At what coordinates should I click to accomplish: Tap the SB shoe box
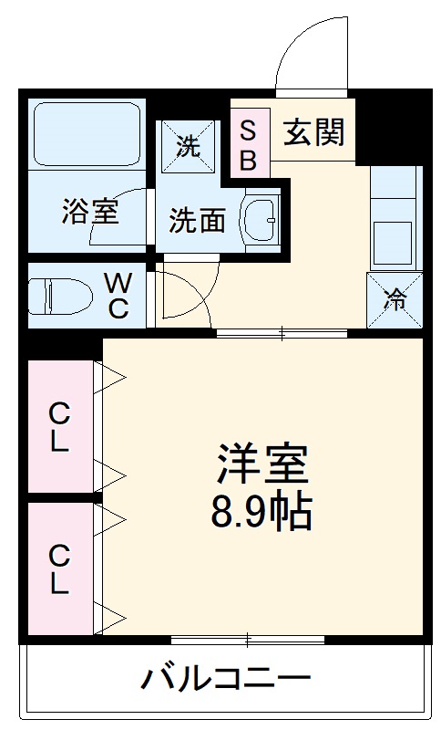tap(248, 143)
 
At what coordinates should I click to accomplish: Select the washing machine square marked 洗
tap(188, 147)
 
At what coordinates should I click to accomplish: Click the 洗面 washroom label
tap(198, 220)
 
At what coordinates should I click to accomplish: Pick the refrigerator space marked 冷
tap(395, 300)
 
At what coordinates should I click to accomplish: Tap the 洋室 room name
tap(262, 466)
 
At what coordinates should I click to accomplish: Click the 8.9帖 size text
tap(262, 513)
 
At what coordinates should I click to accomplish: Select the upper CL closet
tap(60, 427)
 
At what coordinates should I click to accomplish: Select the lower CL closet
tap(60, 568)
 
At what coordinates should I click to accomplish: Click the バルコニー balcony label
tap(225, 679)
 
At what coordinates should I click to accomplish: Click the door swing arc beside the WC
tap(187, 294)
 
